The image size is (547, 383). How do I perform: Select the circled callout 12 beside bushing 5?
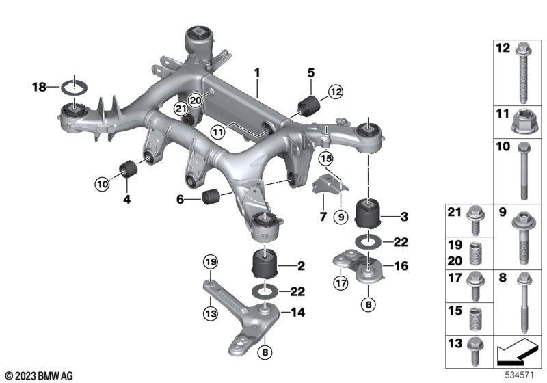pyautogui.click(x=336, y=92)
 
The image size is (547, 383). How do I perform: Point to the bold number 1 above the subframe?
pyautogui.click(x=257, y=73)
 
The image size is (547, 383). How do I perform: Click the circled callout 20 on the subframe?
pyautogui.click(x=196, y=101)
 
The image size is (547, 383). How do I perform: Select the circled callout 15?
pyautogui.click(x=326, y=159)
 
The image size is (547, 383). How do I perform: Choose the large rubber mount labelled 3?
pyautogui.click(x=368, y=213)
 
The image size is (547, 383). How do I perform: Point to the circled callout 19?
pyautogui.click(x=211, y=262)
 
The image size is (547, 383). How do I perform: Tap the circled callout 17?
pyautogui.click(x=341, y=282)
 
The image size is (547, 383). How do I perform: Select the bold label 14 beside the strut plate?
pyautogui.click(x=297, y=312)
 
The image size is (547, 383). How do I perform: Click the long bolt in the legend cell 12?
pyautogui.click(x=522, y=72)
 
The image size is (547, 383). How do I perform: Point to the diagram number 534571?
pyautogui.click(x=520, y=375)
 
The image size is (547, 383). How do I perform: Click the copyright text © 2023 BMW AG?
pyautogui.click(x=40, y=376)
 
